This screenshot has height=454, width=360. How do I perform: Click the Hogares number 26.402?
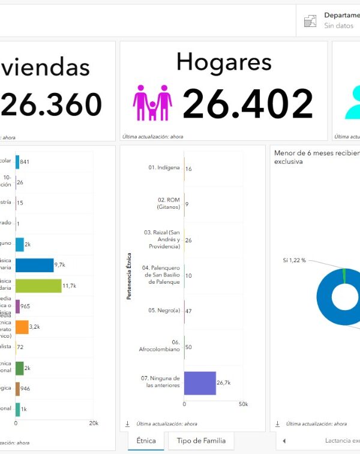click(248, 104)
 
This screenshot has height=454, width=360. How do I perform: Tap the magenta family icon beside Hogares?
click(152, 103)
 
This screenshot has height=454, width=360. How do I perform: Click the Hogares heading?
click(224, 62)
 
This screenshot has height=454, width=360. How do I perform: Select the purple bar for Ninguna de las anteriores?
click(200, 383)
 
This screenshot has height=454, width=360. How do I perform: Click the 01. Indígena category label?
click(164, 167)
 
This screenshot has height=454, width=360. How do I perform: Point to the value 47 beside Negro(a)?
click(189, 312)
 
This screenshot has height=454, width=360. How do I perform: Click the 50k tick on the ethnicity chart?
click(243, 405)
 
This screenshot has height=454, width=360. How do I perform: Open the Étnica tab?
click(146, 441)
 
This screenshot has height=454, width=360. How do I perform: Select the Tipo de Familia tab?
click(201, 441)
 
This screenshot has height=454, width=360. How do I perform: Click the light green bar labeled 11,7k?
click(38, 285)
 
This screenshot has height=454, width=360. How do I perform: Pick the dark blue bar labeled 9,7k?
click(34, 265)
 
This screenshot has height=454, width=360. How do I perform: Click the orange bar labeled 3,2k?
click(22, 327)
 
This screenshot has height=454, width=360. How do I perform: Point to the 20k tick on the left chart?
click(94, 423)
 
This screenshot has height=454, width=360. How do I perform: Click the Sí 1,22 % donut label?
click(295, 260)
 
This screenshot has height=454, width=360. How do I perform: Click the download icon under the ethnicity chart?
click(127, 423)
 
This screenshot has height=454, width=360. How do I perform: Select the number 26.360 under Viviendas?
click(51, 105)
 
